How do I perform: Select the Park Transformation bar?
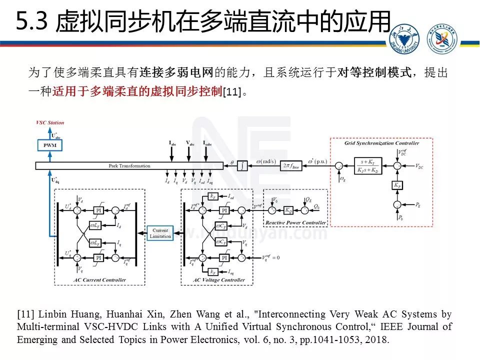(x=129, y=165)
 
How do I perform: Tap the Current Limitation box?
(x=160, y=233)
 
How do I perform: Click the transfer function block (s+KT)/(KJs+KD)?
(x=369, y=165)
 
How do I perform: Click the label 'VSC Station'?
(x=50, y=122)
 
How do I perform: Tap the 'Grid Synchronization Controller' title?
(x=381, y=143)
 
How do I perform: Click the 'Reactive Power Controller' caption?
(x=295, y=222)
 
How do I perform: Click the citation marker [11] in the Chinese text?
(x=231, y=92)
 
